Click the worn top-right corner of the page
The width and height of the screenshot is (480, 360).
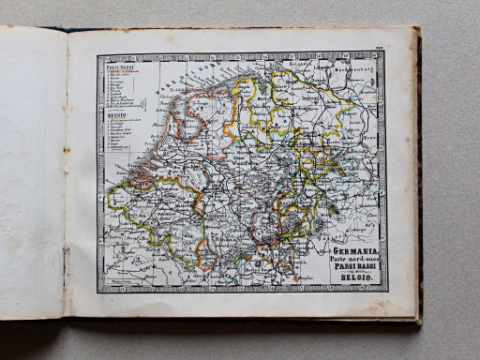[412, 31]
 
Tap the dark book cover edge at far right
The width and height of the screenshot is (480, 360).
[419, 187]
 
